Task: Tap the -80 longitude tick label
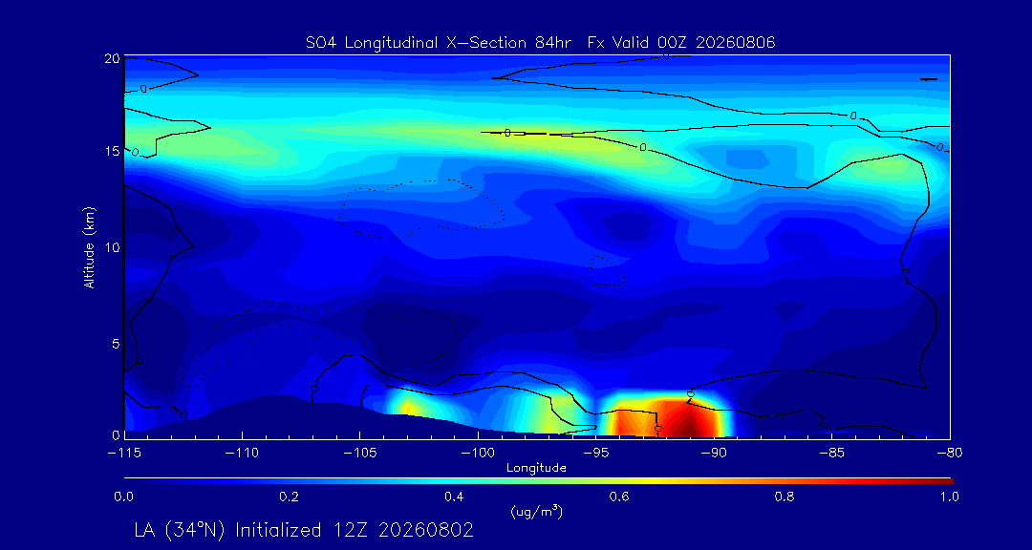coord(949,454)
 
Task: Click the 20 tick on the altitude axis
coord(112,58)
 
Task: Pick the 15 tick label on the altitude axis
coord(112,151)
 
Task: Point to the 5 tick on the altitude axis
coord(116,343)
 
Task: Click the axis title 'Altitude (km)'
coord(89,246)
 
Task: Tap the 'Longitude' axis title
coord(536,469)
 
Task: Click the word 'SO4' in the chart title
coord(318,43)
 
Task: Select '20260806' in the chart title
coord(741,43)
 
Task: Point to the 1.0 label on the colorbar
coord(949,497)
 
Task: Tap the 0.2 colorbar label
coord(289,497)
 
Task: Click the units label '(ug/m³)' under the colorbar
coord(536,511)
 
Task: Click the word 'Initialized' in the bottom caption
coord(277,530)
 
